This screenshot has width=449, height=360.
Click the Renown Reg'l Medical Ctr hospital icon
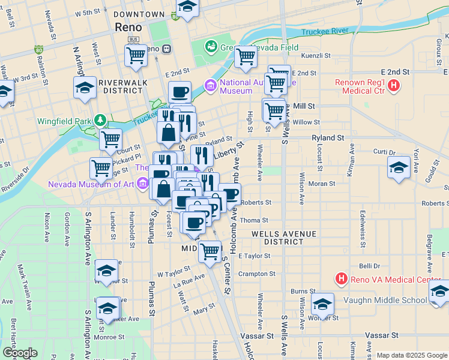coord(393,85)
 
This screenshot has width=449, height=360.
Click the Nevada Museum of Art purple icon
coord(142,183)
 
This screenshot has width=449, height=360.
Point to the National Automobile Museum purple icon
coord(210,86)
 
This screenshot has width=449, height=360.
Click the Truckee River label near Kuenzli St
coord(324,31)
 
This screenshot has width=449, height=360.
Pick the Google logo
coord(19,353)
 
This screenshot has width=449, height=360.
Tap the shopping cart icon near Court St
coord(110,140)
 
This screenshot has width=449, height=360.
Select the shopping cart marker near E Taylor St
coord(209,252)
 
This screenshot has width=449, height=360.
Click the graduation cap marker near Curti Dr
coord(399,167)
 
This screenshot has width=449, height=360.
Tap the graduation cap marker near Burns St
coord(322,304)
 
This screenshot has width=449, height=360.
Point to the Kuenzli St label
coord(318,55)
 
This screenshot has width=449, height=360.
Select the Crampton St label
coord(257,274)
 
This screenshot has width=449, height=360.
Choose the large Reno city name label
coord(128,28)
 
